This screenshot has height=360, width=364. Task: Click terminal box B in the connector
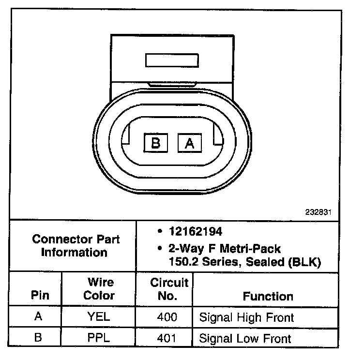click(156, 143)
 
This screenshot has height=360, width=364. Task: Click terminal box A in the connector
click(190, 143)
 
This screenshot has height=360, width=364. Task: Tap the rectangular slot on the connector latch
click(171, 60)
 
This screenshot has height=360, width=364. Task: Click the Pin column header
click(40, 295)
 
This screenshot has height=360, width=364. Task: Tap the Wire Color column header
click(100, 288)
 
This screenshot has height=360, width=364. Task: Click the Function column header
click(268, 296)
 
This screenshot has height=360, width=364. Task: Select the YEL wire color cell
click(100, 317)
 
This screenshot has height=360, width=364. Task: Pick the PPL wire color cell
click(100, 338)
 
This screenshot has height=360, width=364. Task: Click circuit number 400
click(167, 317)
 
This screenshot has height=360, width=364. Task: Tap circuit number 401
click(167, 338)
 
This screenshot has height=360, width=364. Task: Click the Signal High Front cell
click(247, 317)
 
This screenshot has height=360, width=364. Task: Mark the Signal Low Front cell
click(245, 338)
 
